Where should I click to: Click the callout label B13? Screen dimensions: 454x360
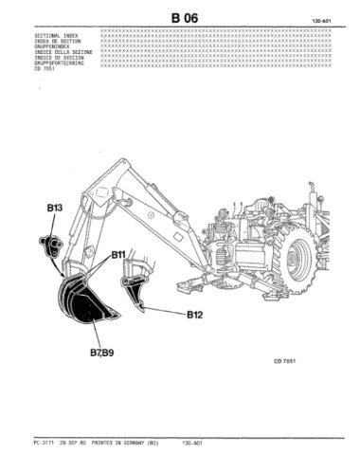(53, 206)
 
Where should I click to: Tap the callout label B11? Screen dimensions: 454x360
(119, 255)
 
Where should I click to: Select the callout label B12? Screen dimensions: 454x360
(194, 313)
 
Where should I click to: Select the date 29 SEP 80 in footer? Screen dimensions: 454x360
(75, 441)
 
